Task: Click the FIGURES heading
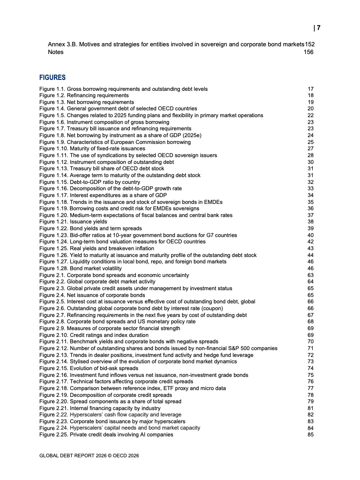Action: [x=52, y=78]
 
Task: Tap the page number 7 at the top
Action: [x=319, y=28]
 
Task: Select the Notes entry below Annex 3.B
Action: [x=55, y=52]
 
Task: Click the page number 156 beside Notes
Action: [x=309, y=52]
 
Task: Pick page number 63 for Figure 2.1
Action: [x=311, y=275]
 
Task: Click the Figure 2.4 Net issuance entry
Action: [x=92, y=295]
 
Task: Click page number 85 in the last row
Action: [x=311, y=434]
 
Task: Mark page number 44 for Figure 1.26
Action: [x=311, y=255]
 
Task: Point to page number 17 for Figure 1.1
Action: [x=311, y=89]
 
